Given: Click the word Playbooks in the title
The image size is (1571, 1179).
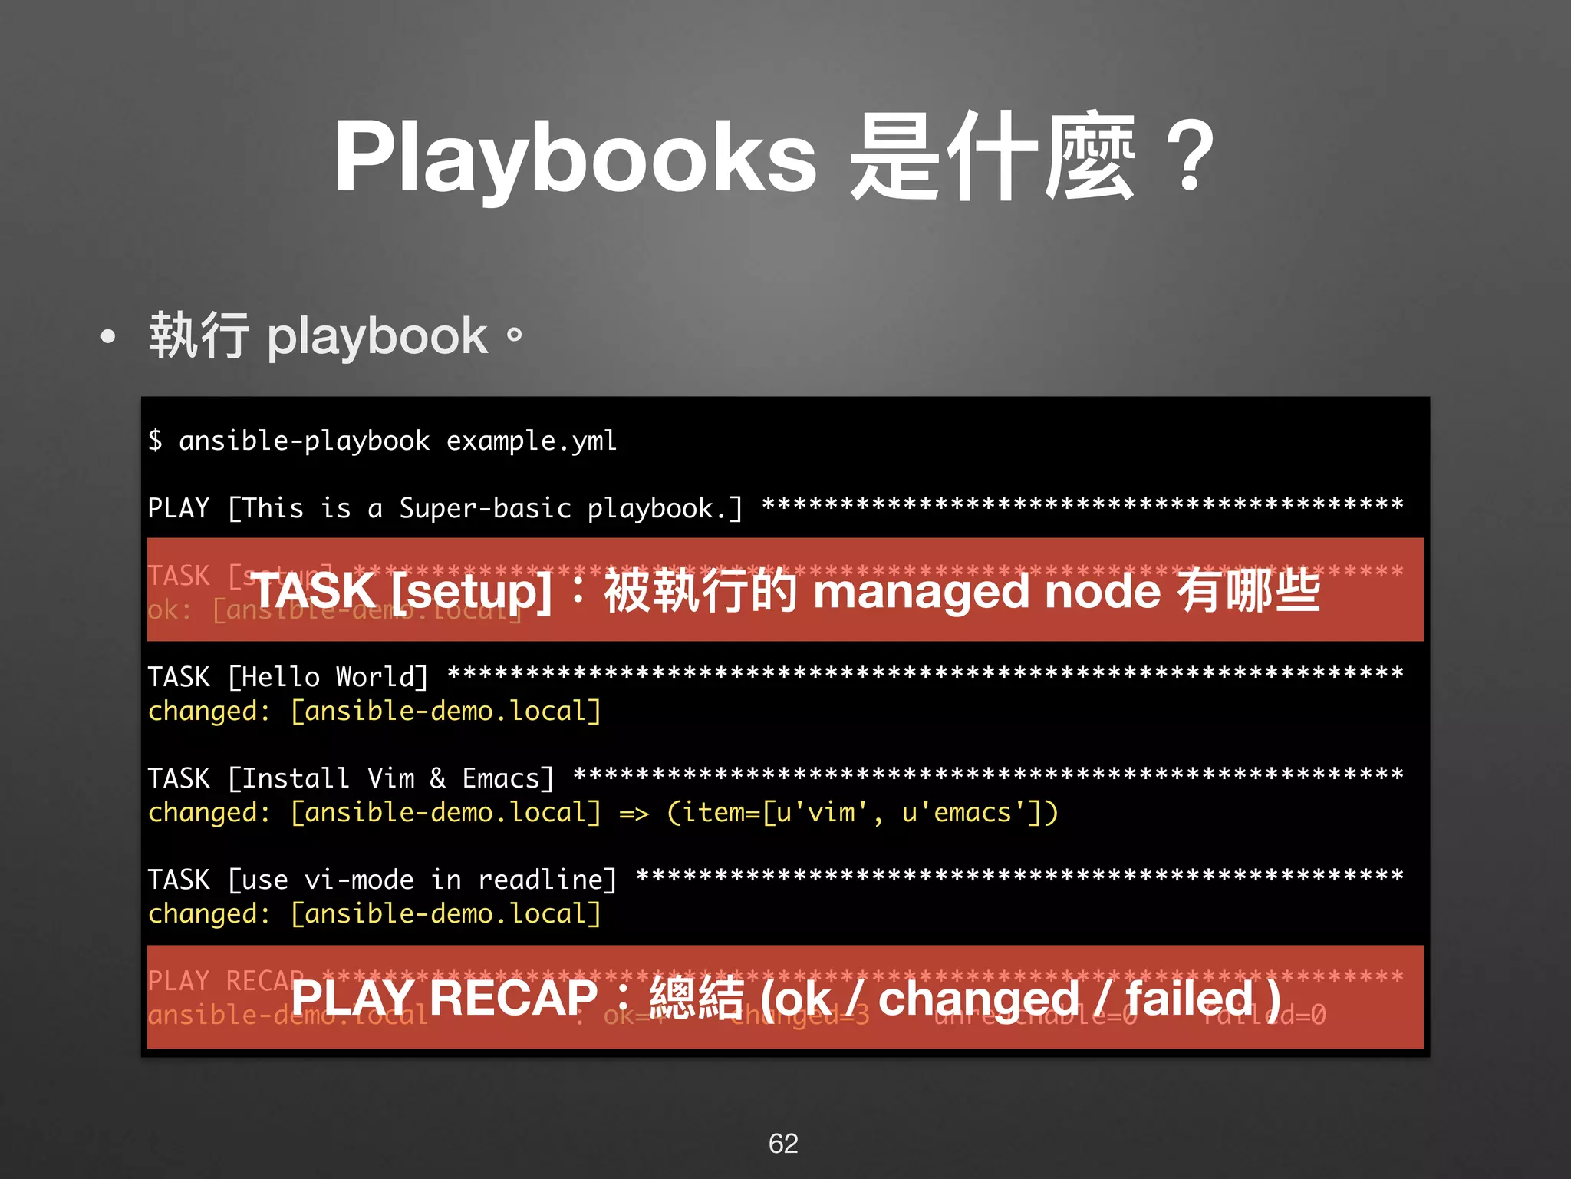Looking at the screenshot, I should click(575, 158).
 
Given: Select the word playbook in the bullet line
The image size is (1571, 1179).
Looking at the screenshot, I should click(377, 338).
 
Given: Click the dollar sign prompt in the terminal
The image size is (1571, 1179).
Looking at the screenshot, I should click(155, 441).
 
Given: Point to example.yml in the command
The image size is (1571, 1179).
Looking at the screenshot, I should click(532, 441).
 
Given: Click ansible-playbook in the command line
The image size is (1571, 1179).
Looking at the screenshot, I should click(304, 441).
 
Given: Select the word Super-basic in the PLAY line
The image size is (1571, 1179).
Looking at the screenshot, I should click(485, 508).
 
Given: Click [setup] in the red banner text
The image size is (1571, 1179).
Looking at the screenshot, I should click(470, 592).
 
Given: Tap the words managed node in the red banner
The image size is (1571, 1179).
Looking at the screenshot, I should click(986, 592).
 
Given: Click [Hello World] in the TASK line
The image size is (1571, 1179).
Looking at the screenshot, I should click(328, 677).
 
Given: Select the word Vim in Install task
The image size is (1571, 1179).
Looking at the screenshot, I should click(390, 778).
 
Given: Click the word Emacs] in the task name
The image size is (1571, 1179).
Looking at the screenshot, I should click(508, 778).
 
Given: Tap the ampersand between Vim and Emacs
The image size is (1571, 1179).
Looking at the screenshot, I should click(437, 778).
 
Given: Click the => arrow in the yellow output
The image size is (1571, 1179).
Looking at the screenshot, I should click(634, 813).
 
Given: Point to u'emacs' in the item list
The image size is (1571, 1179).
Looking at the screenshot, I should click(965, 813).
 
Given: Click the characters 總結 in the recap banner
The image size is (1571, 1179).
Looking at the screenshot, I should click(697, 998).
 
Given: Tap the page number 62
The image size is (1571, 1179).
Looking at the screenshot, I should click(783, 1143).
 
